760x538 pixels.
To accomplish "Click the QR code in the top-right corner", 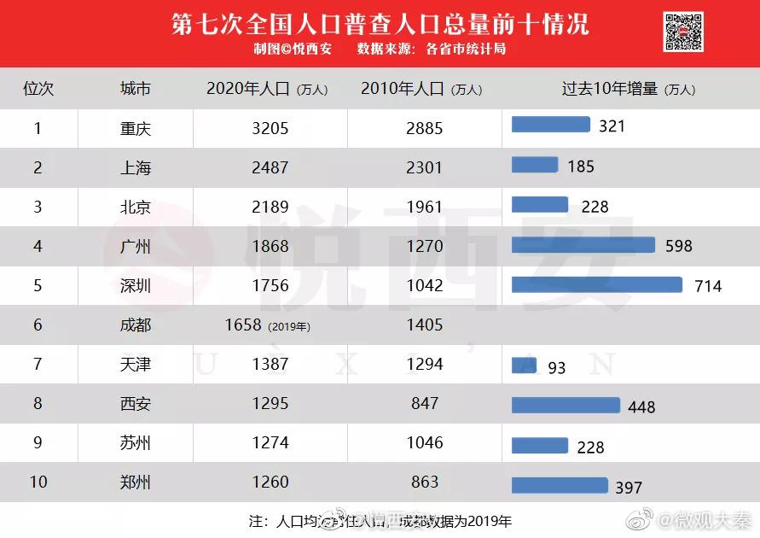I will (683, 32).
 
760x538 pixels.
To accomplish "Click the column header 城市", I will (136, 89).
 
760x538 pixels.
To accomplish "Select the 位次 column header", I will (38, 89).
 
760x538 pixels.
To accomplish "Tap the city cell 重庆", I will (136, 128).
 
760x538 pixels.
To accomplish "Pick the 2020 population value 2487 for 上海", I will (270, 167).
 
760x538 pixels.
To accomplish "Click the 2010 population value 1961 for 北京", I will (425, 207).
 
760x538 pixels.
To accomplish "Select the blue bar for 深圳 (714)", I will (597, 284).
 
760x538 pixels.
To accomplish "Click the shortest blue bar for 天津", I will (524, 365).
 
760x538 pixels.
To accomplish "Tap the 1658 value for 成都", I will (243, 325).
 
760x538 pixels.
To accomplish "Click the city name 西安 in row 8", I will (136, 403).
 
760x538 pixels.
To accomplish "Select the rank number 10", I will (38, 482).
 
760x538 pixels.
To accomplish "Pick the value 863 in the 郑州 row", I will (425, 482).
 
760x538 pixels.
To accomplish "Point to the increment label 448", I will (641, 407).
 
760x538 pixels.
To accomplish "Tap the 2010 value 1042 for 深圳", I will (425, 285).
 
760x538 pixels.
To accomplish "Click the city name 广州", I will (136, 246).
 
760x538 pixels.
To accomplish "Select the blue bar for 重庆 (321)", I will (550, 125).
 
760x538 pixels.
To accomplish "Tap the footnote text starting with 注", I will (380, 520).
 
